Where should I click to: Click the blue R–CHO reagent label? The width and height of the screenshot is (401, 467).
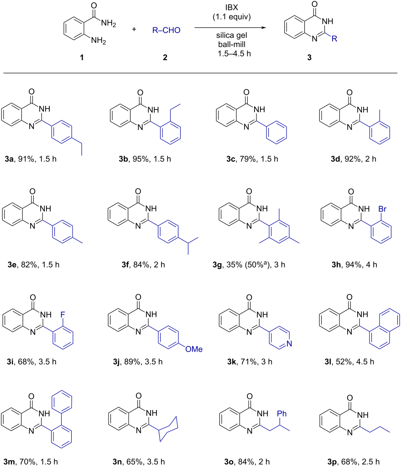[166, 30]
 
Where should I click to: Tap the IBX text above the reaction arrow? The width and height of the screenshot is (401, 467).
[231, 7]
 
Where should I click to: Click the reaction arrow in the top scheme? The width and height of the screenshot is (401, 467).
[230, 28]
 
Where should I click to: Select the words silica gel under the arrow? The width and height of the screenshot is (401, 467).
[231, 36]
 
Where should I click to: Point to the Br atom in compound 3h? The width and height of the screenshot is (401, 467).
[382, 209]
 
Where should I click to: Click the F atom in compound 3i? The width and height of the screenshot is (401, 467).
[62, 315]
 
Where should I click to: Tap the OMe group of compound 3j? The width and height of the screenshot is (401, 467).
[193, 349]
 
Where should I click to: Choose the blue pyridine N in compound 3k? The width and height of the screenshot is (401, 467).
[289, 344]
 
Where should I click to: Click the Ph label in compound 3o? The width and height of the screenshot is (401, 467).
[281, 413]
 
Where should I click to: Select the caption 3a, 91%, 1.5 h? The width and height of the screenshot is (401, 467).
[31, 159]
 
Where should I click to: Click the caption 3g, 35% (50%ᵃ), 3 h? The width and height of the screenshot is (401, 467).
[249, 265]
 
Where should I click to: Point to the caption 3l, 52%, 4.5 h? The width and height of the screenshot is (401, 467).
[349, 362]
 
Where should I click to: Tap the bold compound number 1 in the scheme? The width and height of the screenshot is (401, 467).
[82, 57]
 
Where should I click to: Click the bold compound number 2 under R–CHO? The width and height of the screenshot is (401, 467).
[165, 57]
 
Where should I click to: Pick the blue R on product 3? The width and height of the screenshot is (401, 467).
[334, 39]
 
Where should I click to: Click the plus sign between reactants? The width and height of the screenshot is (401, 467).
[134, 29]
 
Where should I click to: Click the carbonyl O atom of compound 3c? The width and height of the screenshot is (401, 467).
[246, 92]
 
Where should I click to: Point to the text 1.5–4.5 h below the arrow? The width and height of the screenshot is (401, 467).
[234, 54]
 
